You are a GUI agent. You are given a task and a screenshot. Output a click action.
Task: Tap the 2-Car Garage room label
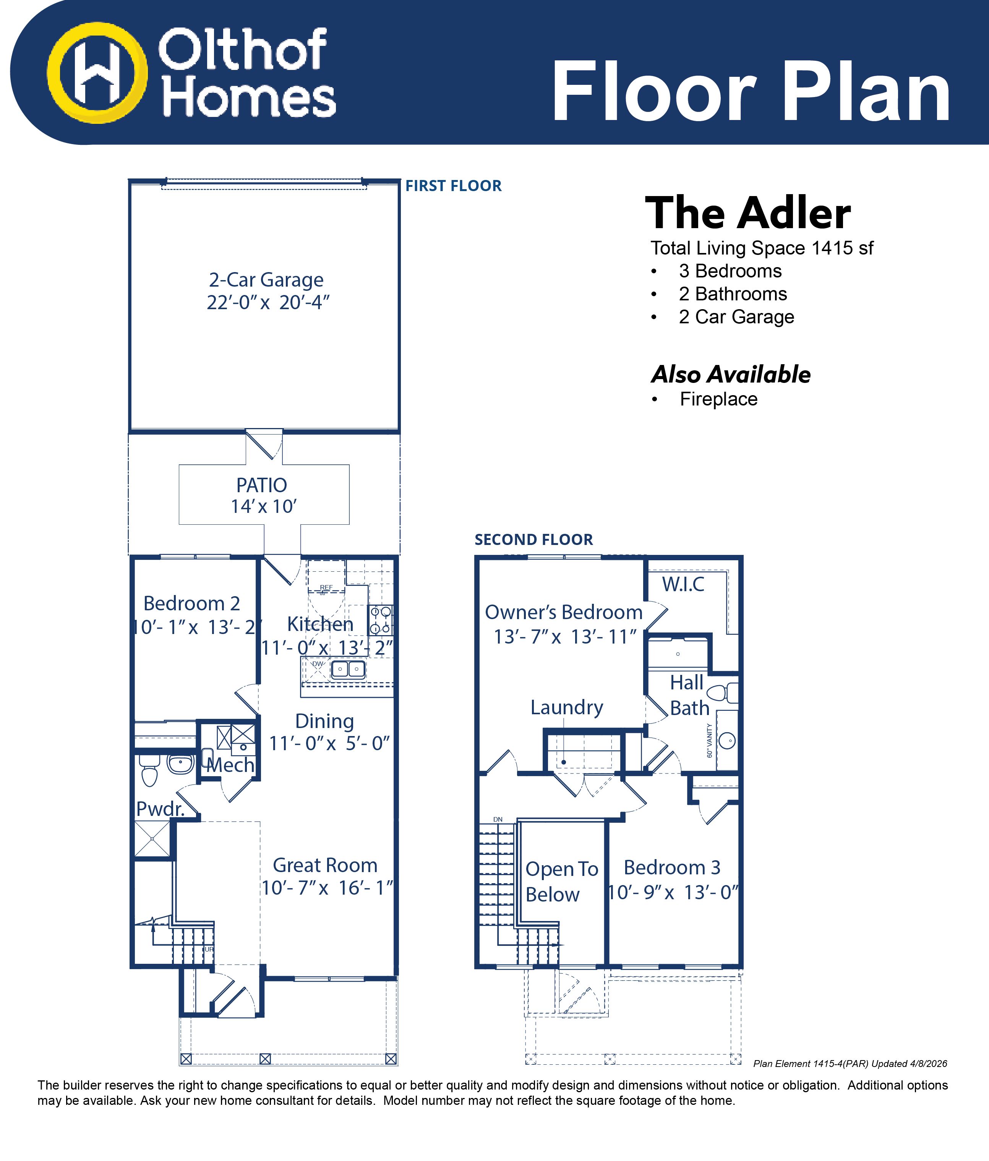tap(266, 280)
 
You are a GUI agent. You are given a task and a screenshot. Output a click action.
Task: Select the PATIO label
tap(262, 485)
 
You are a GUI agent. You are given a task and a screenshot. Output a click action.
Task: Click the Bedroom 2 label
tap(191, 603)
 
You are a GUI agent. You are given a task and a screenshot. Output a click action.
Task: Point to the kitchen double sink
tap(348, 669)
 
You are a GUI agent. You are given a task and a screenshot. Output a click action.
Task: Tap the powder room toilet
tap(149, 770)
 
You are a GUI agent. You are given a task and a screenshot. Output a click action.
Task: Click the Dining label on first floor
tap(324, 721)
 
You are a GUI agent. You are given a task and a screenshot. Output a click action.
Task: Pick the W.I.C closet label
tap(683, 584)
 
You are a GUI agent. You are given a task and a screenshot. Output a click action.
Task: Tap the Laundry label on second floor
tap(566, 708)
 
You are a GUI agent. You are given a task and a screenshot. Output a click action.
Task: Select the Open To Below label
tap(561, 881)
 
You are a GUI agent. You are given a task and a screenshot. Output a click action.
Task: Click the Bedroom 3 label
tap(672, 868)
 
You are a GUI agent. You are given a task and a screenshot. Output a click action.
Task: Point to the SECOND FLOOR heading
tap(533, 540)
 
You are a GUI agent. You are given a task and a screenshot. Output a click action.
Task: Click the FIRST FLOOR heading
tap(453, 186)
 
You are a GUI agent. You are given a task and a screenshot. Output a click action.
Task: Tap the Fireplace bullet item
tap(718, 399)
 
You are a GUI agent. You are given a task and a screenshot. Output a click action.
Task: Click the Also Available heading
tap(731, 374)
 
